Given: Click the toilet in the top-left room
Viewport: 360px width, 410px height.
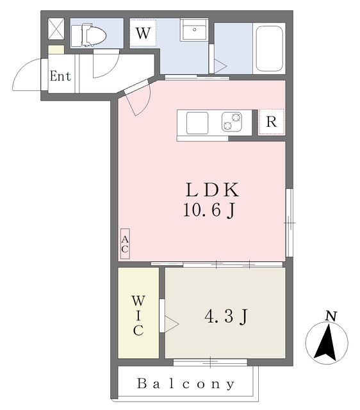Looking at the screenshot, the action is point(88,35).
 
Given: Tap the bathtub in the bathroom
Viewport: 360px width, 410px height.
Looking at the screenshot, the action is point(269,49).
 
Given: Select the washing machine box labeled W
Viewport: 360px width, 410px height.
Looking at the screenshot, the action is point(143,33).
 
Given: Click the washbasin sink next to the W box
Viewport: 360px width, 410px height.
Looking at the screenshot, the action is point(194,29).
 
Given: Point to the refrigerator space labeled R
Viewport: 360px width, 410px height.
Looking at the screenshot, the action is point(272,122).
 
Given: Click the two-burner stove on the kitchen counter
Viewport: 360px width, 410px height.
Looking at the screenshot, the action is point(232,122).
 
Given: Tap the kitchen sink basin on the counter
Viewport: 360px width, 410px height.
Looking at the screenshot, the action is point(197,123).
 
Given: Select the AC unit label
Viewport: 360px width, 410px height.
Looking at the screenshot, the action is point(125,244).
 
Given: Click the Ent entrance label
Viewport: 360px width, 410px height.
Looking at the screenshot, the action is point(60,76).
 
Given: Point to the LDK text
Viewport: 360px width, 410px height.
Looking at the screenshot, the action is point(212,190).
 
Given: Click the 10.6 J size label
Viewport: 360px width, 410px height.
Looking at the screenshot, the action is point(209,210).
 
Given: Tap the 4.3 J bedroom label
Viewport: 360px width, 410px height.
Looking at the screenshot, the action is point(226,316).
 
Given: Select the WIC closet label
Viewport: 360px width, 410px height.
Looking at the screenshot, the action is point(138,316).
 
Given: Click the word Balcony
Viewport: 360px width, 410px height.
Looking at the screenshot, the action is point(186,384).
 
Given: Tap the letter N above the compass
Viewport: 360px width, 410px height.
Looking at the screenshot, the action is point(331,316).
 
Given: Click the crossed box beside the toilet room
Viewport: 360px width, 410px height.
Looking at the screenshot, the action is point(56,29).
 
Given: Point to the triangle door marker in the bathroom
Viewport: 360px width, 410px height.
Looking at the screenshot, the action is point(220,66).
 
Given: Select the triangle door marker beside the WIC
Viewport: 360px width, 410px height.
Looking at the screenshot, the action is point(172,324).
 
